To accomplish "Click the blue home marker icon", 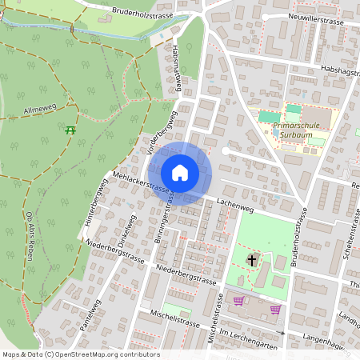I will pyautogui.click(x=180, y=173).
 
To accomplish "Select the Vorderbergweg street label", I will pyautogui.click(x=162, y=126).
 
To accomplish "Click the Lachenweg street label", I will pyautogui.click(x=234, y=206).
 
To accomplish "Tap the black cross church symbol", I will pyautogui.click(x=253, y=260).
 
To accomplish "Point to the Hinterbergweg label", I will pyautogui.click(x=94, y=205).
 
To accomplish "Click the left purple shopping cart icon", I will pyautogui.click(x=238, y=301).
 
